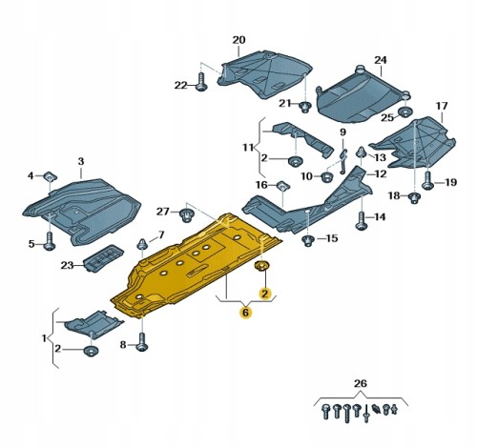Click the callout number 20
238,40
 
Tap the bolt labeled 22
201,82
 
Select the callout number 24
381,60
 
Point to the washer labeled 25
405,112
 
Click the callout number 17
442,106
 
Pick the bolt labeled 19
427,180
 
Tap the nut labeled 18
414,197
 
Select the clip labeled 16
282,185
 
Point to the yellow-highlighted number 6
246,313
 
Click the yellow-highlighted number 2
264,294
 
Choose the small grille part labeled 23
99,257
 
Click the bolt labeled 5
50,241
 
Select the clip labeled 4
51,175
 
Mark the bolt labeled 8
142,341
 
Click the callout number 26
361,384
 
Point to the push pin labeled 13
361,152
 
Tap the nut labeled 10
326,176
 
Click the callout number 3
81,161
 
